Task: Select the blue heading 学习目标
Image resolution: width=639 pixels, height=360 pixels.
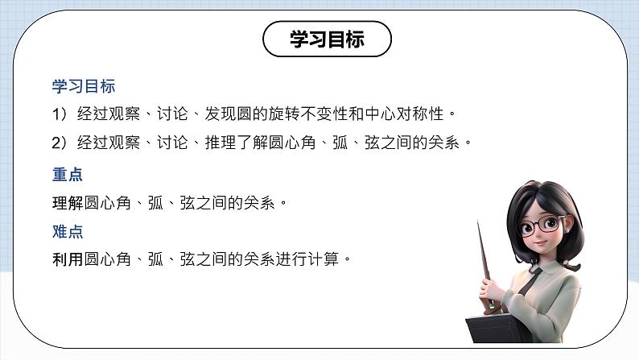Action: (79, 85)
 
